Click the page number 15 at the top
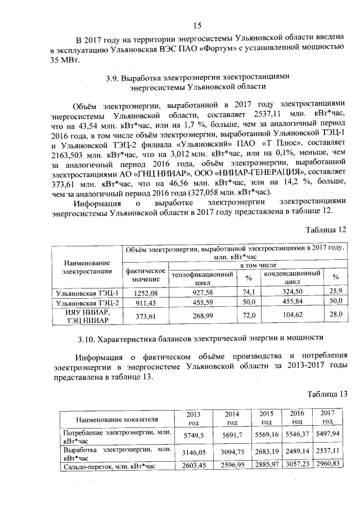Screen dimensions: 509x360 tap(197, 25)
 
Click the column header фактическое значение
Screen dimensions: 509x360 tap(145, 275)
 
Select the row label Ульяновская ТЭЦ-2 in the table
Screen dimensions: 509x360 tap(87, 303)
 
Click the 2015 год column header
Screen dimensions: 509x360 tap(267, 417)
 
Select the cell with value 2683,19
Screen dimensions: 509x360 tap(267, 453)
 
